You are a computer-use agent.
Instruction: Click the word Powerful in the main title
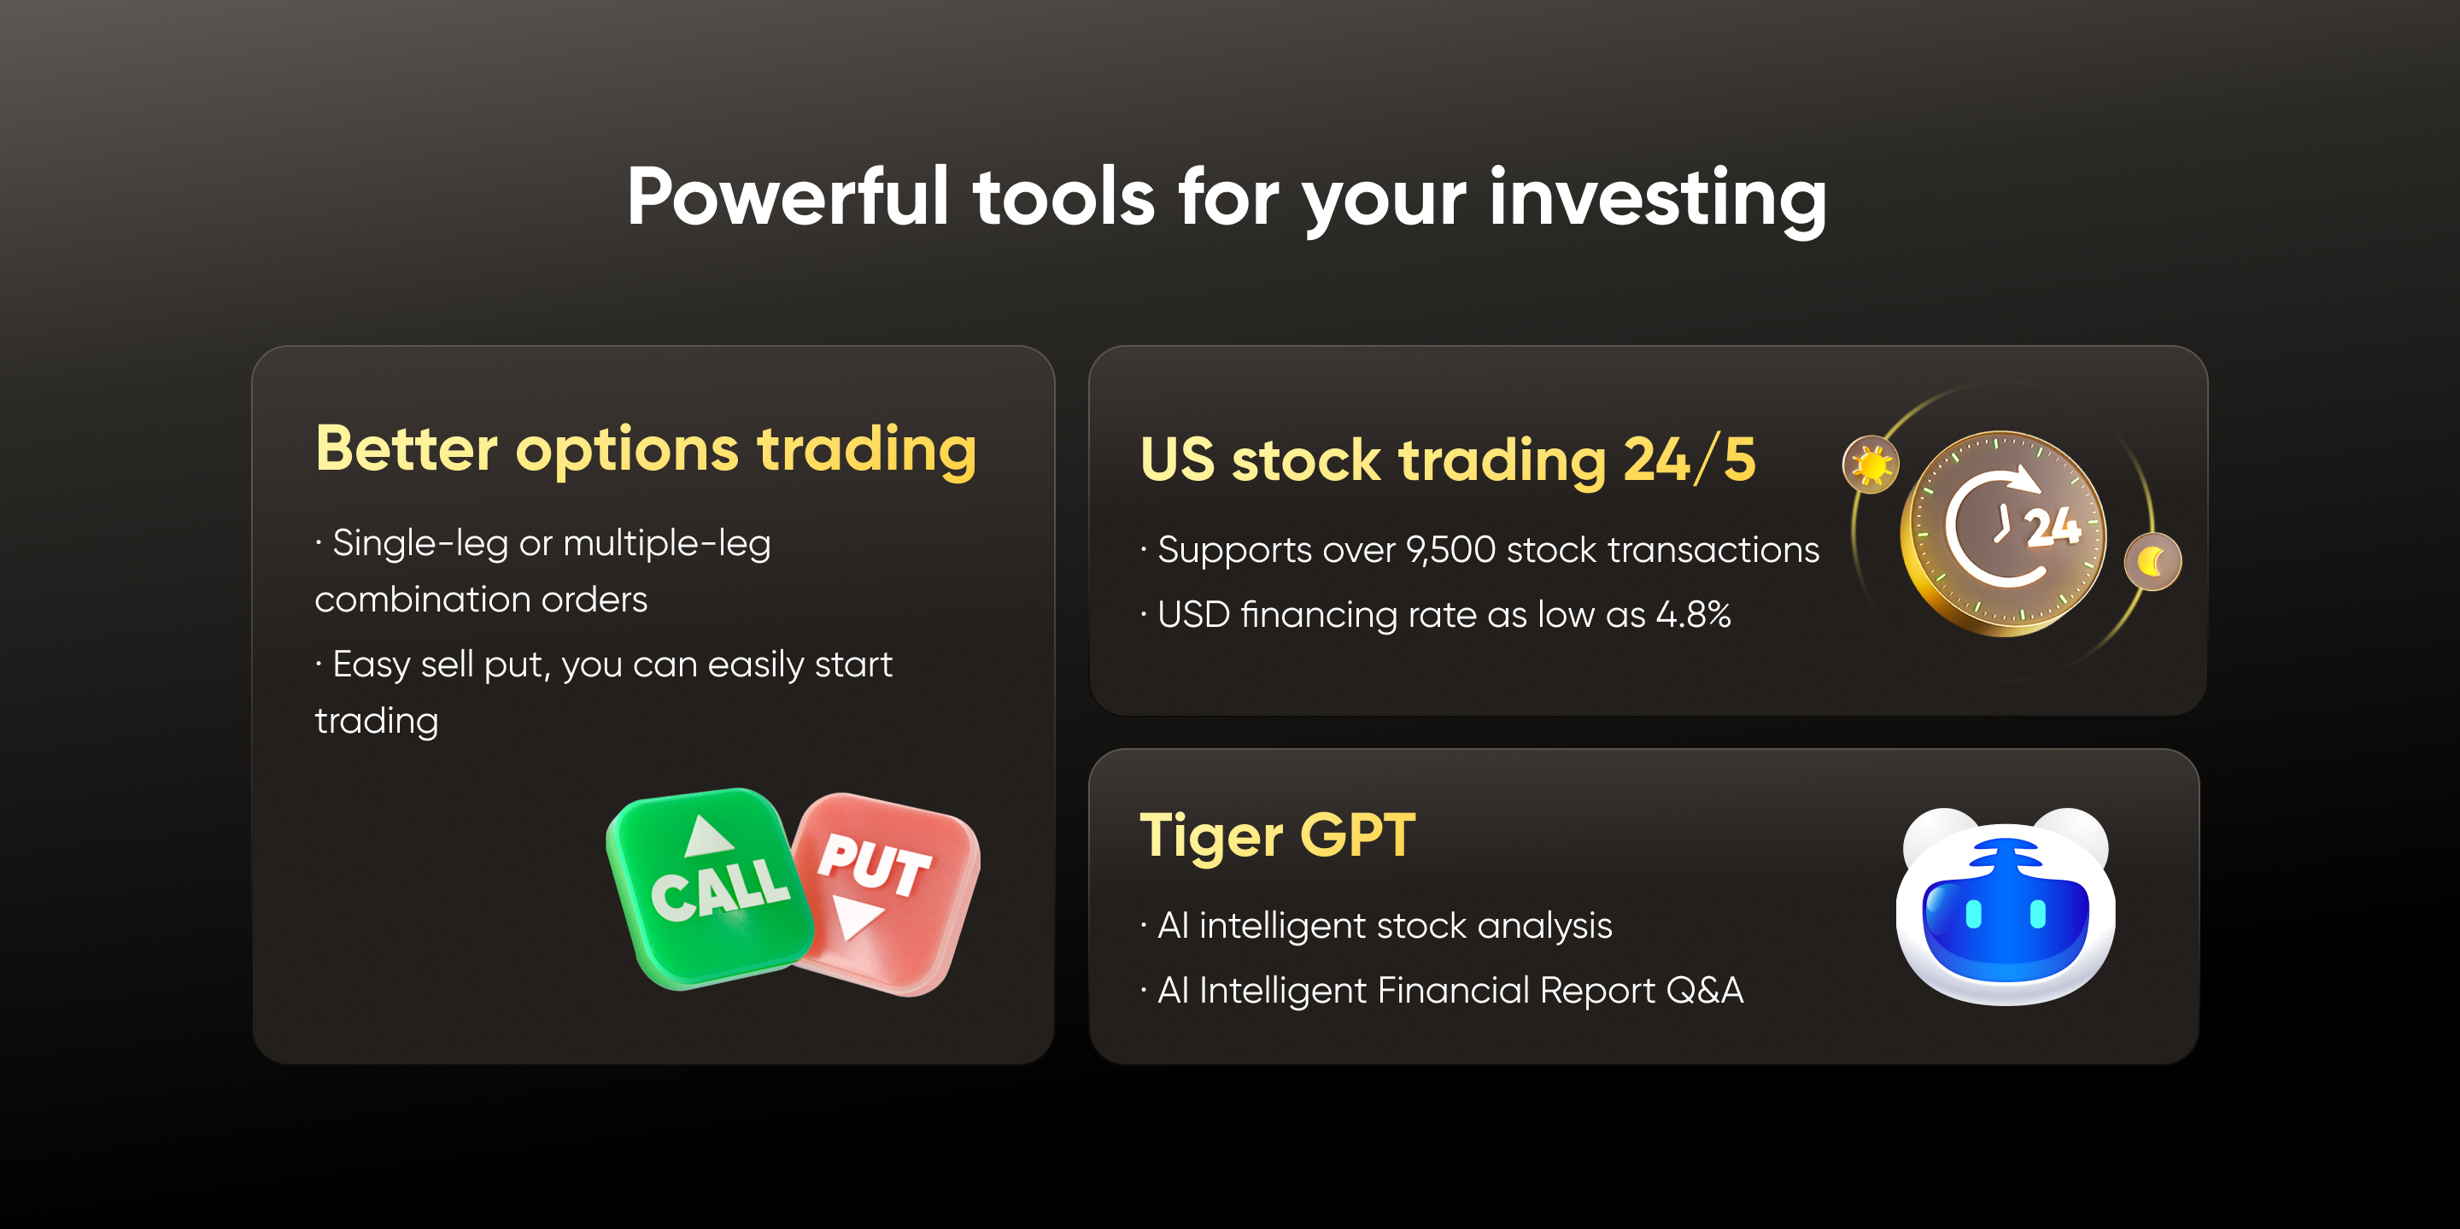pos(788,196)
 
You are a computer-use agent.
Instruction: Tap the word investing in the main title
pos(1658,201)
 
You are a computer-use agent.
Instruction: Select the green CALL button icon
pos(710,889)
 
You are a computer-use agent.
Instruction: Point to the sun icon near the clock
pos(1871,465)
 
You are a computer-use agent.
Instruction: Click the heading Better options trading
pos(647,450)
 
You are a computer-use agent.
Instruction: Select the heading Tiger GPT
pos(1278,836)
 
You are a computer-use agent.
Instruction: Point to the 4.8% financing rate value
pos(1693,615)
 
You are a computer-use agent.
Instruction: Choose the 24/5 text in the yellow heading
pos(1690,460)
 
